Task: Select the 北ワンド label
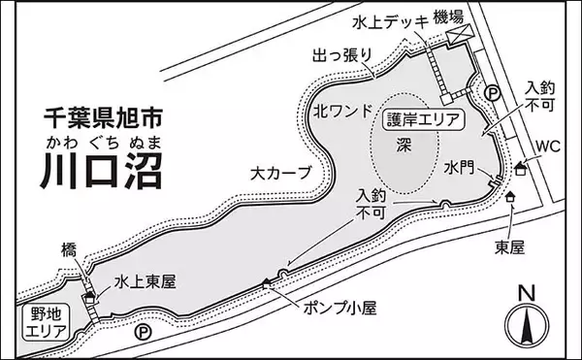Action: click(x=340, y=112)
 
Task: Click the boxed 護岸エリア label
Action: click(x=422, y=119)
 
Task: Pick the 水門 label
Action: click(x=459, y=168)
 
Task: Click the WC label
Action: click(x=548, y=147)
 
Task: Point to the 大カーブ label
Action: click(x=280, y=174)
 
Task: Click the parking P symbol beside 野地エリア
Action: click(x=145, y=332)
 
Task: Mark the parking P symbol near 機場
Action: click(x=492, y=94)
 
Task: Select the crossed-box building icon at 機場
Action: click(x=456, y=35)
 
